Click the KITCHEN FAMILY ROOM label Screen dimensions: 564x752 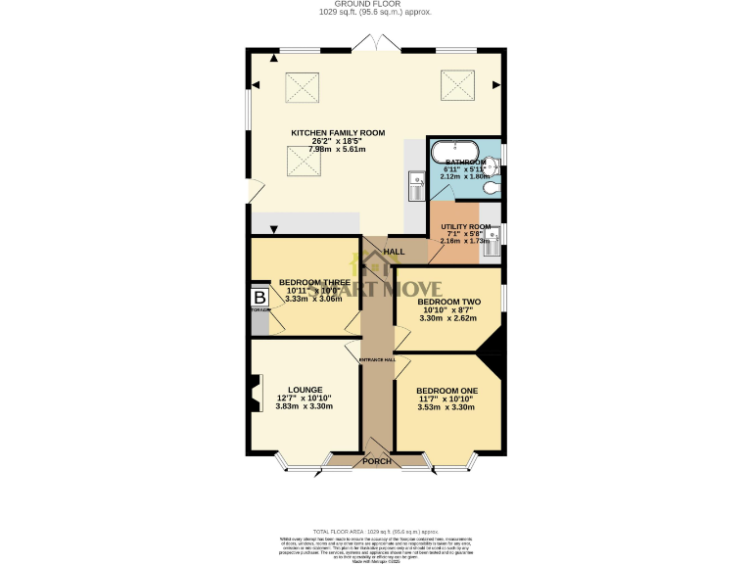tap(338, 132)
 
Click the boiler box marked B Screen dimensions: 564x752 tap(259, 298)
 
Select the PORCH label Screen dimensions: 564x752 tap(377, 461)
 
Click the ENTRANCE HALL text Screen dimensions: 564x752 tap(377, 359)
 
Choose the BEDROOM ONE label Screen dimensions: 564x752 tap(446, 391)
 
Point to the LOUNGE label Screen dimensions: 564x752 tap(292, 389)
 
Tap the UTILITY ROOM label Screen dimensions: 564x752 tap(465, 226)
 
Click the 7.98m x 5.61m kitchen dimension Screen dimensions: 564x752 tap(338, 150)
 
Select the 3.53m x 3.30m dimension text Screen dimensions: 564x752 tap(446, 407)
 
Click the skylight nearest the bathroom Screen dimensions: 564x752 tap(455, 84)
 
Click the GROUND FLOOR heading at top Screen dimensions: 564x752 tap(376, 5)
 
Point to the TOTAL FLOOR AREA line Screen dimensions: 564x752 tap(376, 529)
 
